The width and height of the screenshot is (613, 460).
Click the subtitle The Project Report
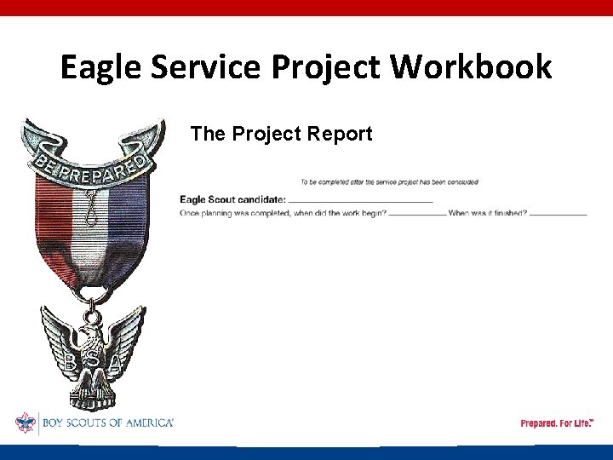pyautogui.click(x=281, y=134)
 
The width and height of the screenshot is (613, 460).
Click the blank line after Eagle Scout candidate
pyautogui.click(x=360, y=200)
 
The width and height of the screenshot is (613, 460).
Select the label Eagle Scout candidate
pyautogui.click(x=232, y=199)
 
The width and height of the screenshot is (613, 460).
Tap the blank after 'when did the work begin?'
pyautogui.click(x=416, y=213)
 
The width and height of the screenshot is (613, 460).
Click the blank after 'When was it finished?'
pyautogui.click(x=558, y=213)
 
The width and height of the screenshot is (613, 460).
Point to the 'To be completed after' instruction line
pyautogui.click(x=389, y=181)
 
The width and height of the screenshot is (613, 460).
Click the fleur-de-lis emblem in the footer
pyautogui.click(x=26, y=423)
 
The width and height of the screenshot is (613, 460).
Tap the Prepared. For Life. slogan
pyautogui.click(x=557, y=423)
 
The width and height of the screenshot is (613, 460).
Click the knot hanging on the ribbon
pyautogui.click(x=90, y=204)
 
